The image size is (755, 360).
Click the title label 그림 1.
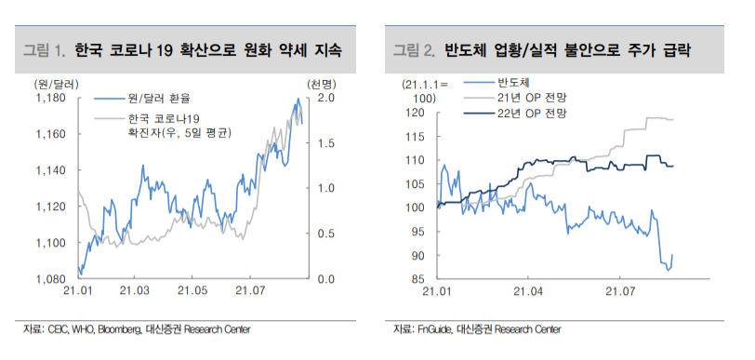[43, 48]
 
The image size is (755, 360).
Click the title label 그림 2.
[414, 48]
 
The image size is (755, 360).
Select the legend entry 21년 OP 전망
[531, 97]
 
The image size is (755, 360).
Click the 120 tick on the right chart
[417, 113]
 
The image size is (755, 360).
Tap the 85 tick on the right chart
[419, 279]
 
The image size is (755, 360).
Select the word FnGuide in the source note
[436, 328]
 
